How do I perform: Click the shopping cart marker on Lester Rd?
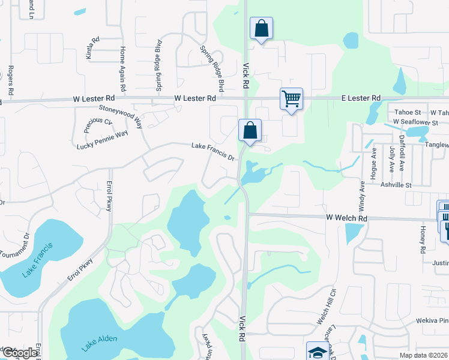click(291, 98)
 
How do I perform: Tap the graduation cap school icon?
click(318, 352)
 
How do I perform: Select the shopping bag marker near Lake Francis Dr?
click(250, 130)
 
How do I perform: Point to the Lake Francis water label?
click(38, 260)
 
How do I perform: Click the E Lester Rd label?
click(361, 98)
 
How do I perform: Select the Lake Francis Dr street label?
click(212, 150)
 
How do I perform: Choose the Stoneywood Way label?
click(121, 117)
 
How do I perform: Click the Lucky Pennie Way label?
click(103, 140)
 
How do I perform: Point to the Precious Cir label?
click(98, 125)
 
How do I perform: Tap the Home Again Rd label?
click(123, 69)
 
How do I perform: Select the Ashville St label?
click(396, 185)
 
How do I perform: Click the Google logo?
click(20, 353)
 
